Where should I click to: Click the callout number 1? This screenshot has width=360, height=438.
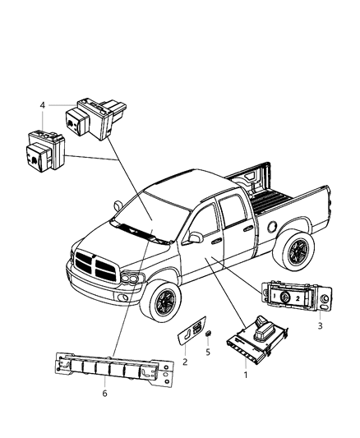pyautogui.click(x=246, y=376)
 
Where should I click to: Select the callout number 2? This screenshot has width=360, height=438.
pyautogui.click(x=185, y=362)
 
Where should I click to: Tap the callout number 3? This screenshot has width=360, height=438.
pyautogui.click(x=321, y=325)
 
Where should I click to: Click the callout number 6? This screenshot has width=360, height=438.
pyautogui.click(x=104, y=394)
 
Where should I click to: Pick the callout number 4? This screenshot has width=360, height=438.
pyautogui.click(x=42, y=105)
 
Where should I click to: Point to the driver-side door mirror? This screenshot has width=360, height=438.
pyautogui.click(x=195, y=237)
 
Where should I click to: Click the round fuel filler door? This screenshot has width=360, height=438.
pyautogui.click(x=272, y=226)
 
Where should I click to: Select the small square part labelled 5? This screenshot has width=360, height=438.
pyautogui.click(x=208, y=333)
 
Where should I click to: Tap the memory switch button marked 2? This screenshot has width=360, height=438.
pyautogui.click(x=298, y=298)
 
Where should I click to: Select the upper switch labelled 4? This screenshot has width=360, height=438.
pyautogui.click(x=95, y=118)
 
